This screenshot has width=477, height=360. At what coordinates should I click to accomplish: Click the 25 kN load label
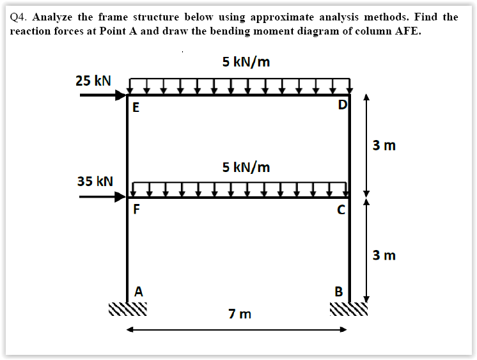[x=93, y=81]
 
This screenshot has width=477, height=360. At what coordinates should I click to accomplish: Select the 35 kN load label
[x=95, y=182]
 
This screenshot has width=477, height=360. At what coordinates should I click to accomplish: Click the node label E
[x=135, y=107]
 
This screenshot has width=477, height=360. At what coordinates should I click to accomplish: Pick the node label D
[x=343, y=105]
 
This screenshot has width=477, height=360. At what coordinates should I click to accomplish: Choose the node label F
[x=137, y=209]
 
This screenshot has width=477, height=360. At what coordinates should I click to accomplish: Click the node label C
[x=341, y=209]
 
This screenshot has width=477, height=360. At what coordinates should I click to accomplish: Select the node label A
[x=138, y=291]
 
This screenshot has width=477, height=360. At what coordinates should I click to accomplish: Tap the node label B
[x=340, y=292]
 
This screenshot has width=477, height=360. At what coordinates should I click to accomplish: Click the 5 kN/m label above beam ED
[x=246, y=62]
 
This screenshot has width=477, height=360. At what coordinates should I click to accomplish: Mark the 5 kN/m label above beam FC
[x=246, y=168]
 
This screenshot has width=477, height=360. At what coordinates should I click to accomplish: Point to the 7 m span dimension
[x=240, y=314]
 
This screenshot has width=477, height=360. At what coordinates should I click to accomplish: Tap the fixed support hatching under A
[x=127, y=309]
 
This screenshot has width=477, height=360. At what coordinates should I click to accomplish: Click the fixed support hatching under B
[x=349, y=309]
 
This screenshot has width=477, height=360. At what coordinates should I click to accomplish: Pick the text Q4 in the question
[x=20, y=17]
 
